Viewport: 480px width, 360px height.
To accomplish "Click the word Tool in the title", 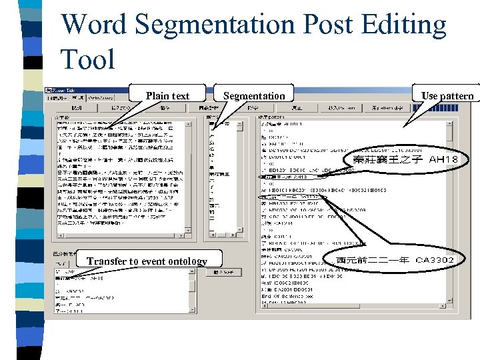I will click(x=87, y=59).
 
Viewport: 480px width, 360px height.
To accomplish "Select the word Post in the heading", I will click(x=324, y=25).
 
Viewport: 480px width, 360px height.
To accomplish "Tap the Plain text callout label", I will click(x=167, y=96).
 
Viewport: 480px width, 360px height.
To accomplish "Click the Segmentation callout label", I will click(x=253, y=96).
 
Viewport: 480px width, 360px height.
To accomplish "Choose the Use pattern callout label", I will click(x=447, y=96).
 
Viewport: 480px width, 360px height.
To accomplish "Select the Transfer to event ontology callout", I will click(x=147, y=261).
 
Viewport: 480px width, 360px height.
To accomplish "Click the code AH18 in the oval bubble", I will click(x=443, y=160).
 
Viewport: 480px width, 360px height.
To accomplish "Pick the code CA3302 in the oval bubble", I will click(x=435, y=259).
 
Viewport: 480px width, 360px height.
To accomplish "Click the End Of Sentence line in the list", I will click(x=286, y=296).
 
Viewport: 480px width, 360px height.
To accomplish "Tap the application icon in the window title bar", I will click(x=48, y=89).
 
